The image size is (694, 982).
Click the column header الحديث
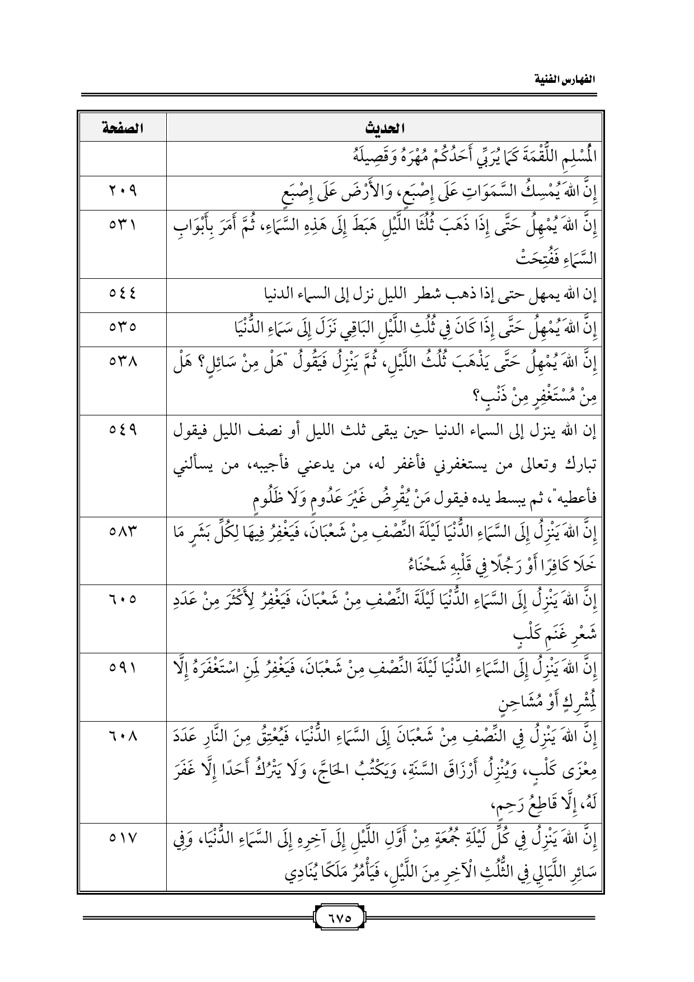[384, 128]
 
